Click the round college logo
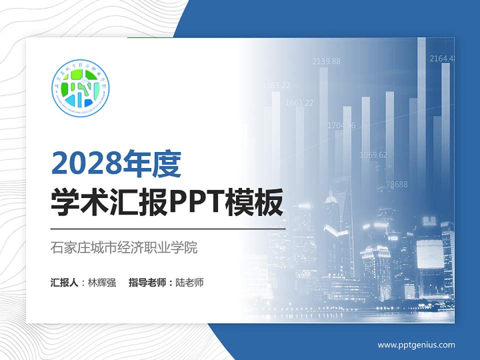80,87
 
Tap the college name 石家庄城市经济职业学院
124,247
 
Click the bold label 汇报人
64,282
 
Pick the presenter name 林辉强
101,282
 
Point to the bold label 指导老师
147,282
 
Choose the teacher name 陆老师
189,282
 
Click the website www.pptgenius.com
416,345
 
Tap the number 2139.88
326,61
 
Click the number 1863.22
276,85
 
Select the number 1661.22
299,103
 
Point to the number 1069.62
373,155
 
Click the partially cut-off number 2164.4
442,58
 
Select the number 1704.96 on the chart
341,125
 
